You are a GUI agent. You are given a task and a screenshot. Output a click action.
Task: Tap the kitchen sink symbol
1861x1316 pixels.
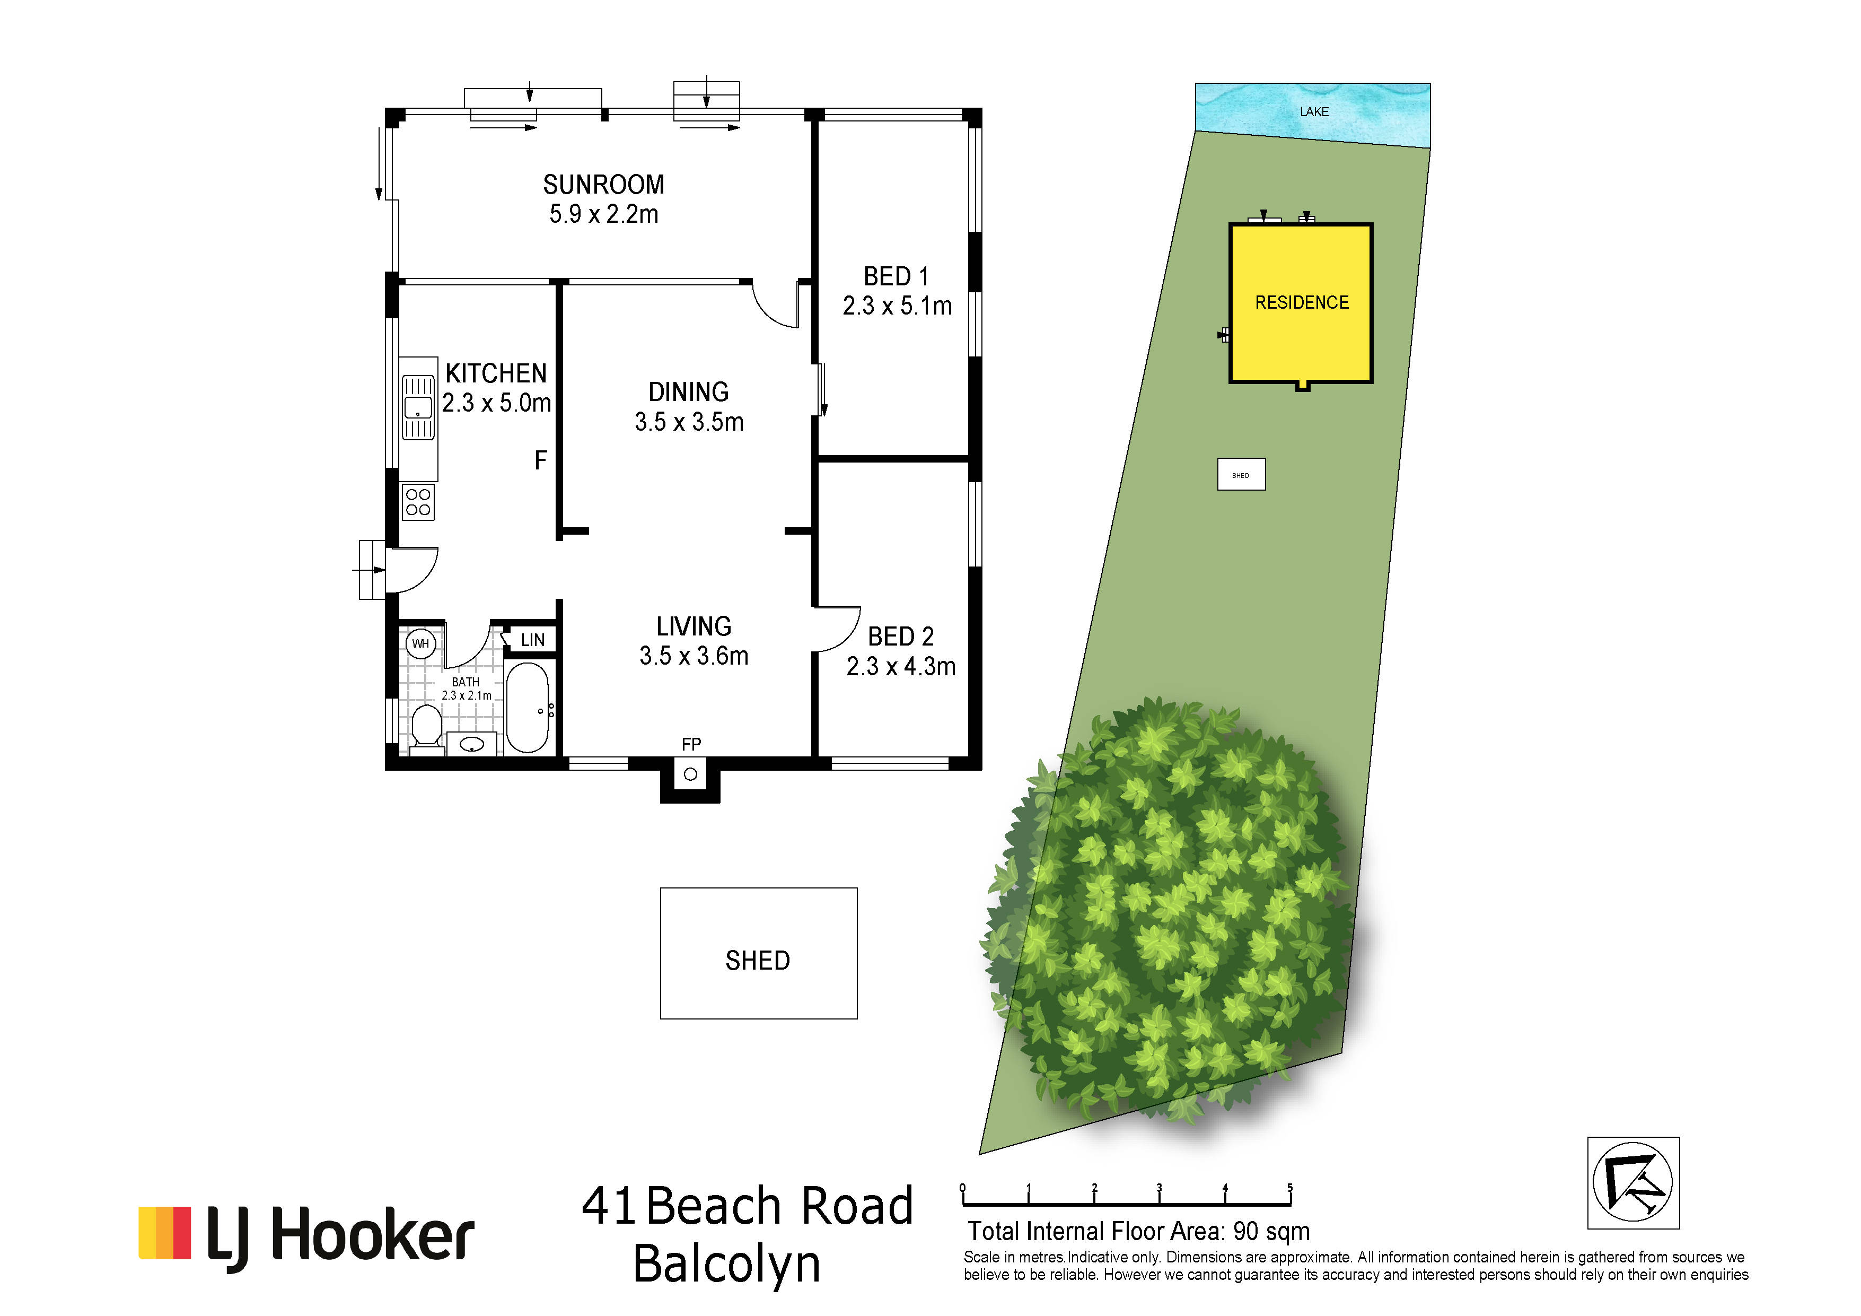[418, 407]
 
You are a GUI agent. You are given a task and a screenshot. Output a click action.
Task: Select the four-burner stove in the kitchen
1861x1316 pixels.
[418, 502]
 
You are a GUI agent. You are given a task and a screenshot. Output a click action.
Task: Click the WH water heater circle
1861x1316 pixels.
[420, 644]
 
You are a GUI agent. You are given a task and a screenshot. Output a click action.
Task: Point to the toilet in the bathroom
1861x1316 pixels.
[426, 727]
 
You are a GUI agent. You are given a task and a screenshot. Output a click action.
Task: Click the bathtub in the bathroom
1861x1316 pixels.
[528, 707]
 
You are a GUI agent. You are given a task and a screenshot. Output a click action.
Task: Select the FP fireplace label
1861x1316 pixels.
[691, 744]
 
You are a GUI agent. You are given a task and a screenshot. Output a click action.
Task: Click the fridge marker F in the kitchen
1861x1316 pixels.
[541, 460]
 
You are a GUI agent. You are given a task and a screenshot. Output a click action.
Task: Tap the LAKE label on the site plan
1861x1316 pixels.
[1314, 112]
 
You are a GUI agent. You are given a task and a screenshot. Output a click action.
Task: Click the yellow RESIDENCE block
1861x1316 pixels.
[1301, 302]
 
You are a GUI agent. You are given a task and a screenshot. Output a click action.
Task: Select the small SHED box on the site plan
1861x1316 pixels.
[1241, 474]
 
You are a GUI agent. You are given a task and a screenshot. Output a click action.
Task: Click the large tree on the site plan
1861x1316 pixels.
[1171, 908]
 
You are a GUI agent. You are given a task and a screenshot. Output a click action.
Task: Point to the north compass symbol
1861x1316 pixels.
[1633, 1183]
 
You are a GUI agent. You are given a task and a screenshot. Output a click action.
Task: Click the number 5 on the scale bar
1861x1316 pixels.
[1289, 1189]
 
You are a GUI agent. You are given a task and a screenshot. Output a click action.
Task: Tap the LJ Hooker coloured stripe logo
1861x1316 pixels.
[164, 1233]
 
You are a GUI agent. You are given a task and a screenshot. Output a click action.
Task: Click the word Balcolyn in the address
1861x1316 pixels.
[727, 1263]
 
